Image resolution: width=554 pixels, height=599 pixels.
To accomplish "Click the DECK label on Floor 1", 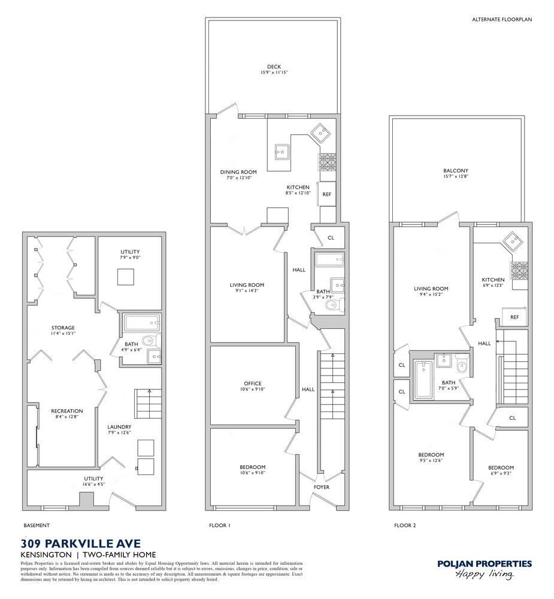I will (274, 67).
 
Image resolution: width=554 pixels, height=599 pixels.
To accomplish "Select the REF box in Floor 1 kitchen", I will (327, 194).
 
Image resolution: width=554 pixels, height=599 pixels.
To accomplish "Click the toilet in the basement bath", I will (150, 341).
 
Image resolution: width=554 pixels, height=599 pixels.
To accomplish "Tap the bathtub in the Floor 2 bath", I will (423, 381).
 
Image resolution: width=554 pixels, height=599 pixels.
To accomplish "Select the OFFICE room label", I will (252, 383).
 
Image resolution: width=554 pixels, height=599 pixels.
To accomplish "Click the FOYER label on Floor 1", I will (322, 487).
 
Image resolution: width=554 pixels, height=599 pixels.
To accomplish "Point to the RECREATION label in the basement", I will (66, 411).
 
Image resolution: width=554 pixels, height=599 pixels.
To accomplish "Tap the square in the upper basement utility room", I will (125, 277).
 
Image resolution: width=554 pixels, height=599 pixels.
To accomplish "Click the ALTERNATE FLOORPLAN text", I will (502, 20).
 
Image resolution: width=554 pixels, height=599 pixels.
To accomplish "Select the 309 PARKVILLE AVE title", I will (81, 544).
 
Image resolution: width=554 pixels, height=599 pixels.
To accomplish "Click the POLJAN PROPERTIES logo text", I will (484, 564).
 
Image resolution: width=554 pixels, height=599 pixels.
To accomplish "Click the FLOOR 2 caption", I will (404, 525).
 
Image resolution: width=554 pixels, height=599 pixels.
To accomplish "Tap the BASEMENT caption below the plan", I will (37, 525).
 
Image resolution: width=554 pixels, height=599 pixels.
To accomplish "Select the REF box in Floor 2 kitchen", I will (514, 317).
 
